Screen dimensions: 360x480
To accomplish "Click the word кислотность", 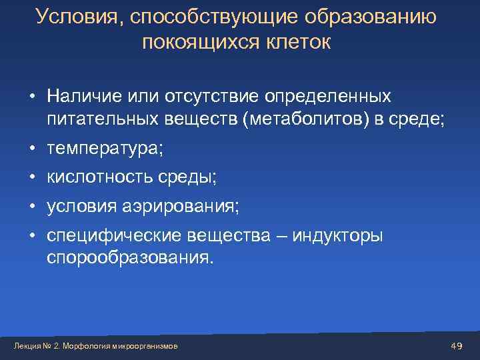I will point(99,178).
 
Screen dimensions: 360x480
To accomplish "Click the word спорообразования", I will point(131,258).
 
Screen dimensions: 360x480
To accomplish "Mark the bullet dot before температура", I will point(32,149).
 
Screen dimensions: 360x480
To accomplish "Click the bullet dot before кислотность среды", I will point(32,178).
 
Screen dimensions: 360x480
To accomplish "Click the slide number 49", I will point(457,345).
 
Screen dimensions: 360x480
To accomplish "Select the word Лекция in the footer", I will point(26,346).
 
